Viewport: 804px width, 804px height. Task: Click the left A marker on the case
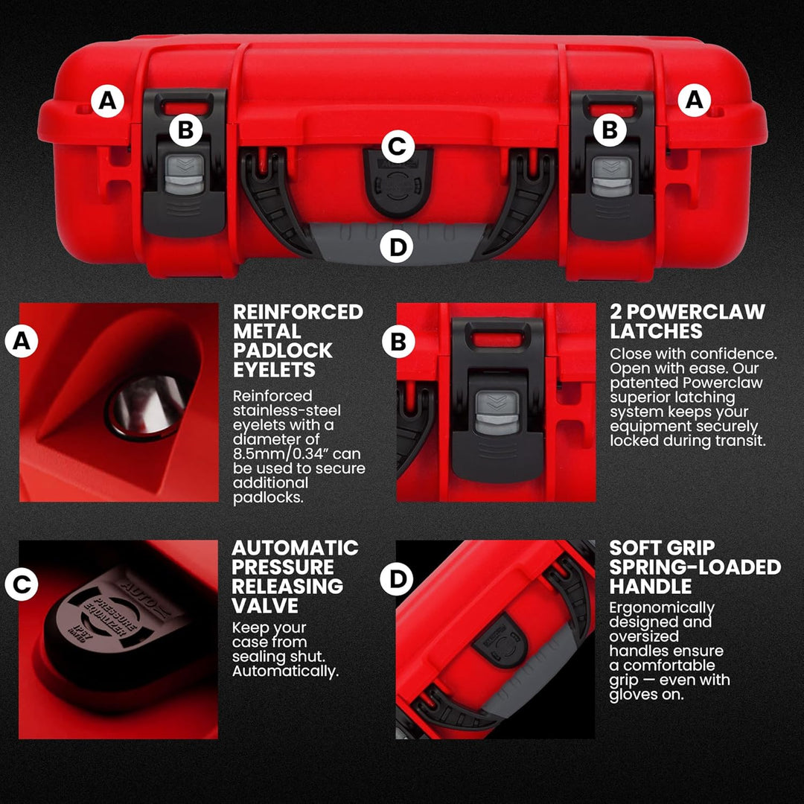[108, 100]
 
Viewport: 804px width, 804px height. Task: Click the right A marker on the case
[694, 100]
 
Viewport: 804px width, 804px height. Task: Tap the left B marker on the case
[185, 130]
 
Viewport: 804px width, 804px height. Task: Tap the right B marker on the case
[610, 130]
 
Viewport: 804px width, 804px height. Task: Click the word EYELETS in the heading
[274, 370]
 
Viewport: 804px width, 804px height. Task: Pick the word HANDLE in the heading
[651, 587]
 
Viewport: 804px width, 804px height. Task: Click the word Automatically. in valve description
[285, 671]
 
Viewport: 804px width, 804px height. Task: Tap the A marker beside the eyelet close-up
[21, 342]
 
